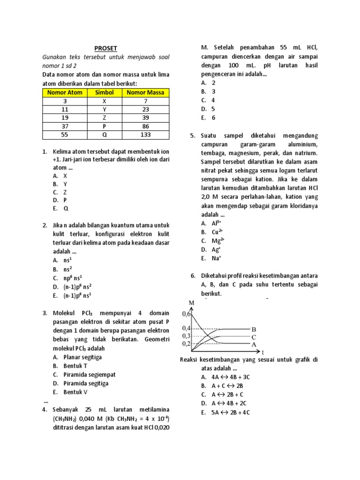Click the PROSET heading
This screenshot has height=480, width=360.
pyautogui.click(x=105, y=48)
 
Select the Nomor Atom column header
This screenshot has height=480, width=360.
pyautogui.click(x=65, y=92)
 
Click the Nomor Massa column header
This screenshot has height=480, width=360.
pyautogui.click(x=145, y=92)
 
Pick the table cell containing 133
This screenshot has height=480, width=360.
pyautogui.click(x=145, y=135)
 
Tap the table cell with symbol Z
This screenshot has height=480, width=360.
pyautogui.click(x=105, y=118)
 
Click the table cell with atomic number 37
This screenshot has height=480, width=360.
pyautogui.click(x=65, y=127)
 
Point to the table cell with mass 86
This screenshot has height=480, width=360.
pyautogui.click(x=145, y=127)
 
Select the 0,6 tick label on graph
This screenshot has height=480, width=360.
pyautogui.click(x=187, y=315)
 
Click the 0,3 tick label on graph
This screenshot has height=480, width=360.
pyautogui.click(x=187, y=336)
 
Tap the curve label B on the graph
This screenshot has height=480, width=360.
pyautogui.click(x=254, y=329)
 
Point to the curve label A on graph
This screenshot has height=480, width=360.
pyautogui.click(x=254, y=344)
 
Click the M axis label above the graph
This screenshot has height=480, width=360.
pyautogui.click(x=191, y=303)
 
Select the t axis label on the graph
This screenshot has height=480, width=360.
pyautogui.click(x=263, y=352)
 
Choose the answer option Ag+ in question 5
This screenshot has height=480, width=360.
pyautogui.click(x=216, y=249)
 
